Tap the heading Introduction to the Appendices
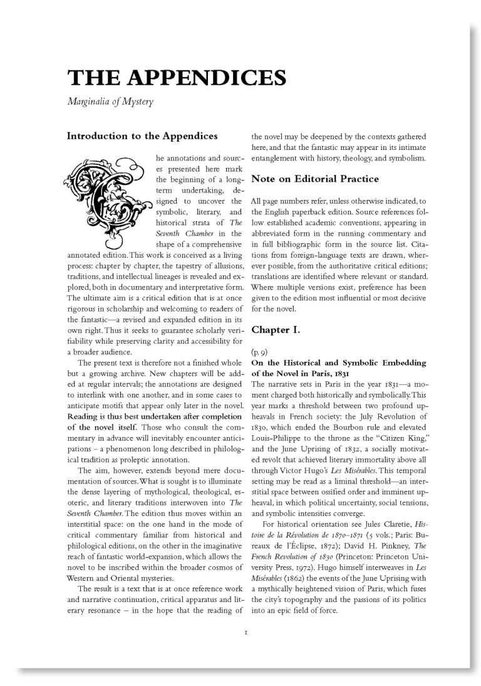click(x=142, y=135)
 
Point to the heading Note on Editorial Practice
click(x=315, y=179)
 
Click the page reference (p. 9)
click(x=260, y=352)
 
